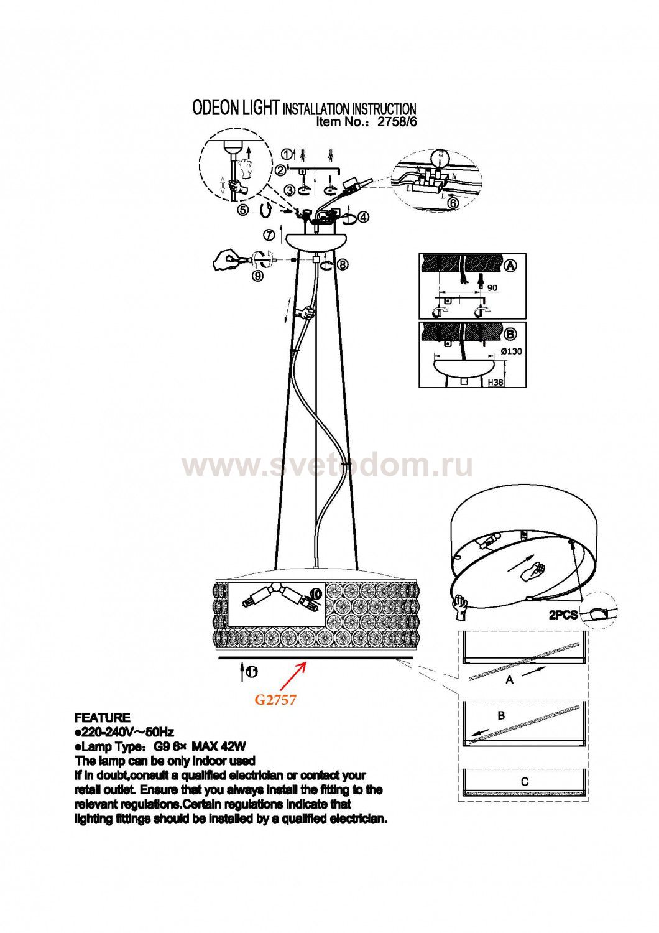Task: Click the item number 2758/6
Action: [396, 122]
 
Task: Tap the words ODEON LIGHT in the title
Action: [235, 108]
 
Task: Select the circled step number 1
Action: [287, 154]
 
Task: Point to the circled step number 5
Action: [242, 211]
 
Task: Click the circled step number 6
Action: [453, 203]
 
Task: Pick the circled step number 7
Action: [269, 235]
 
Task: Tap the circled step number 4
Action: [364, 216]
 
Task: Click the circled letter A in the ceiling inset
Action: [510, 266]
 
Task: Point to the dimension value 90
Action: [492, 288]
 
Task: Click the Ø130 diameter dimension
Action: [512, 351]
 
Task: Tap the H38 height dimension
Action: [495, 381]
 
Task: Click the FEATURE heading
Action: [103, 718]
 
